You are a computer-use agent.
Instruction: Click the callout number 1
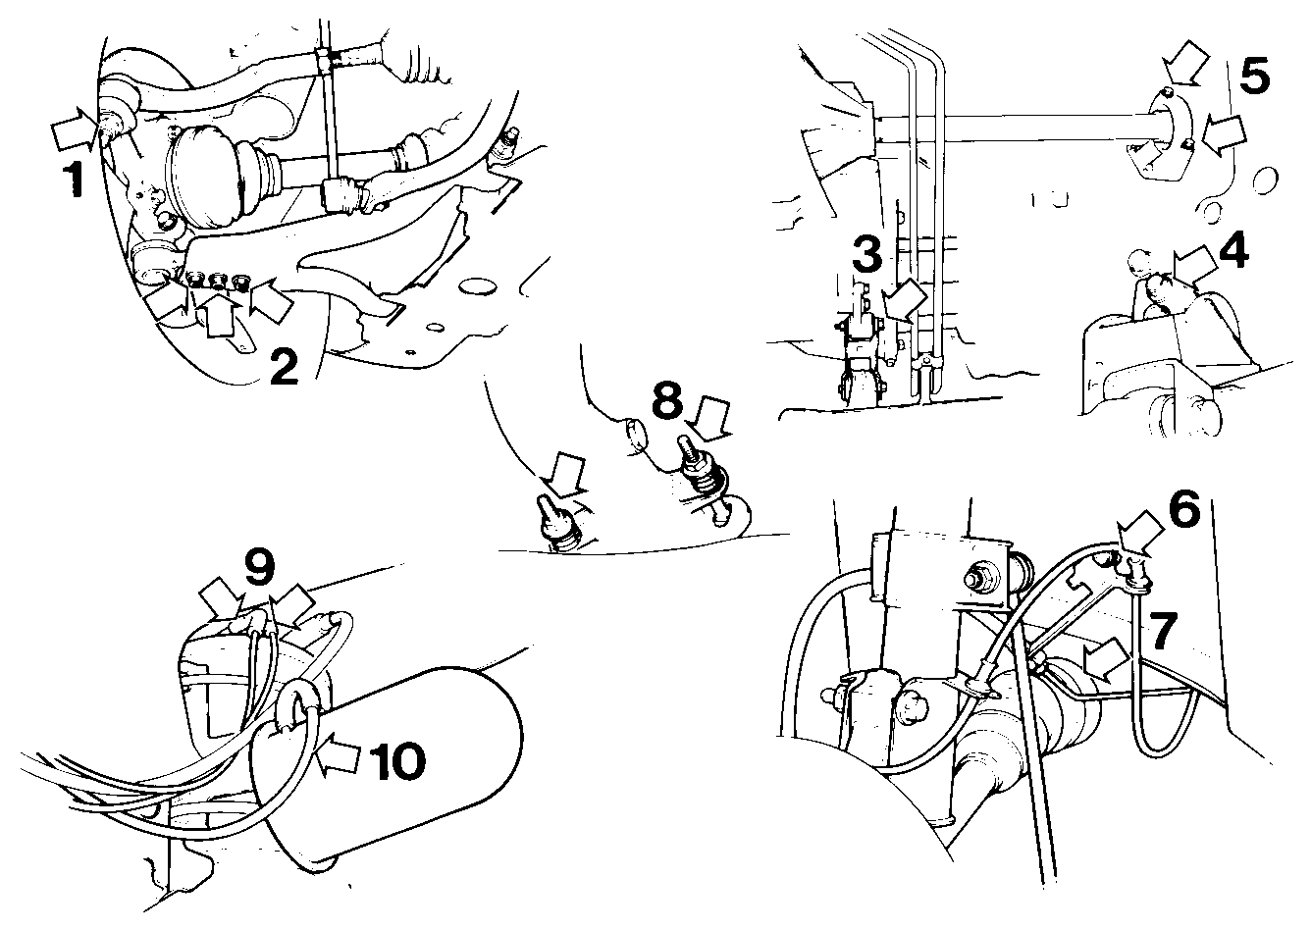74,180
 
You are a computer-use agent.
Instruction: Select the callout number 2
285,367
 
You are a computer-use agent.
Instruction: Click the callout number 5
1255,77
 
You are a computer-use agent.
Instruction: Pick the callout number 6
1184,508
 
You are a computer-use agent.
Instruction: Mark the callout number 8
668,401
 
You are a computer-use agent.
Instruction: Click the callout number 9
260,566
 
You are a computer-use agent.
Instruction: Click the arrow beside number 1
73,129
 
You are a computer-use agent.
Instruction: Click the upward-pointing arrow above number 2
217,315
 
